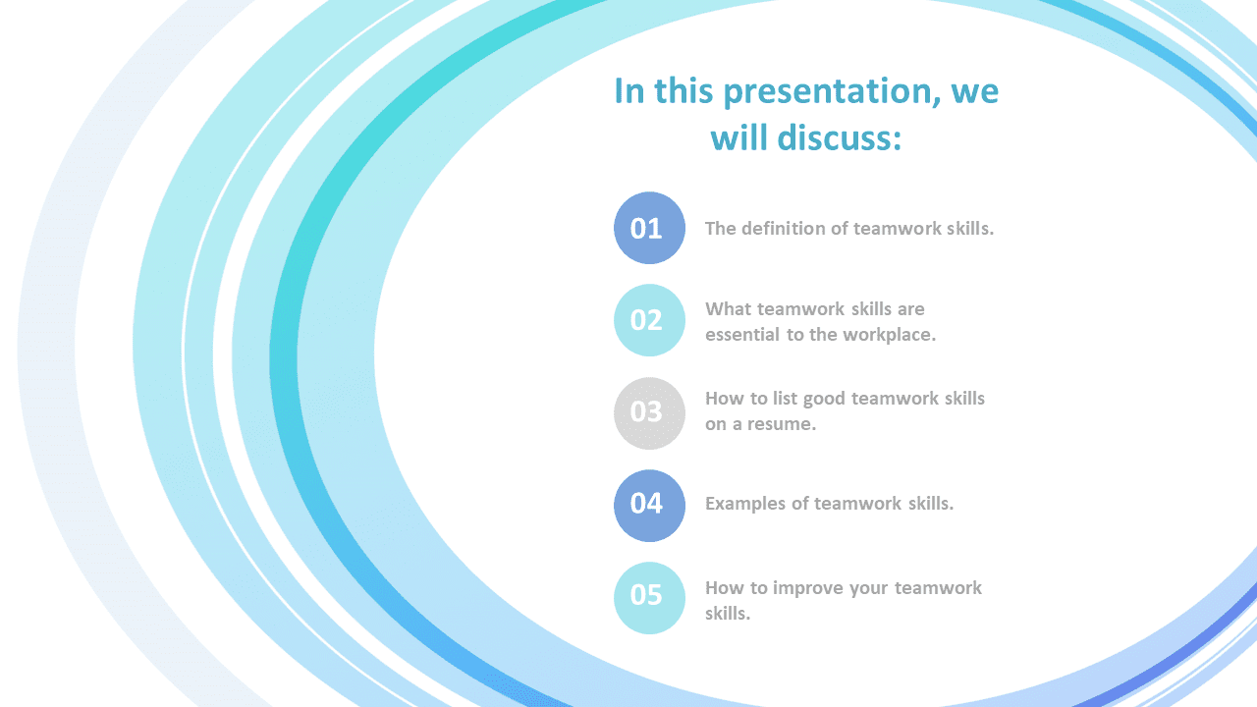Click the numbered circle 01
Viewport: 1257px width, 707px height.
[x=649, y=228]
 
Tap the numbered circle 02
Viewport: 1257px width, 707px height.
[x=649, y=320]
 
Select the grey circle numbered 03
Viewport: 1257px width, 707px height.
[x=649, y=413]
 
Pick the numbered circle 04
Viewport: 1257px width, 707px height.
[x=649, y=506]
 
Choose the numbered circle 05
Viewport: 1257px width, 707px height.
[x=649, y=598]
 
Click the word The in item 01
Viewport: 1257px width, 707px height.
[x=721, y=229]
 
